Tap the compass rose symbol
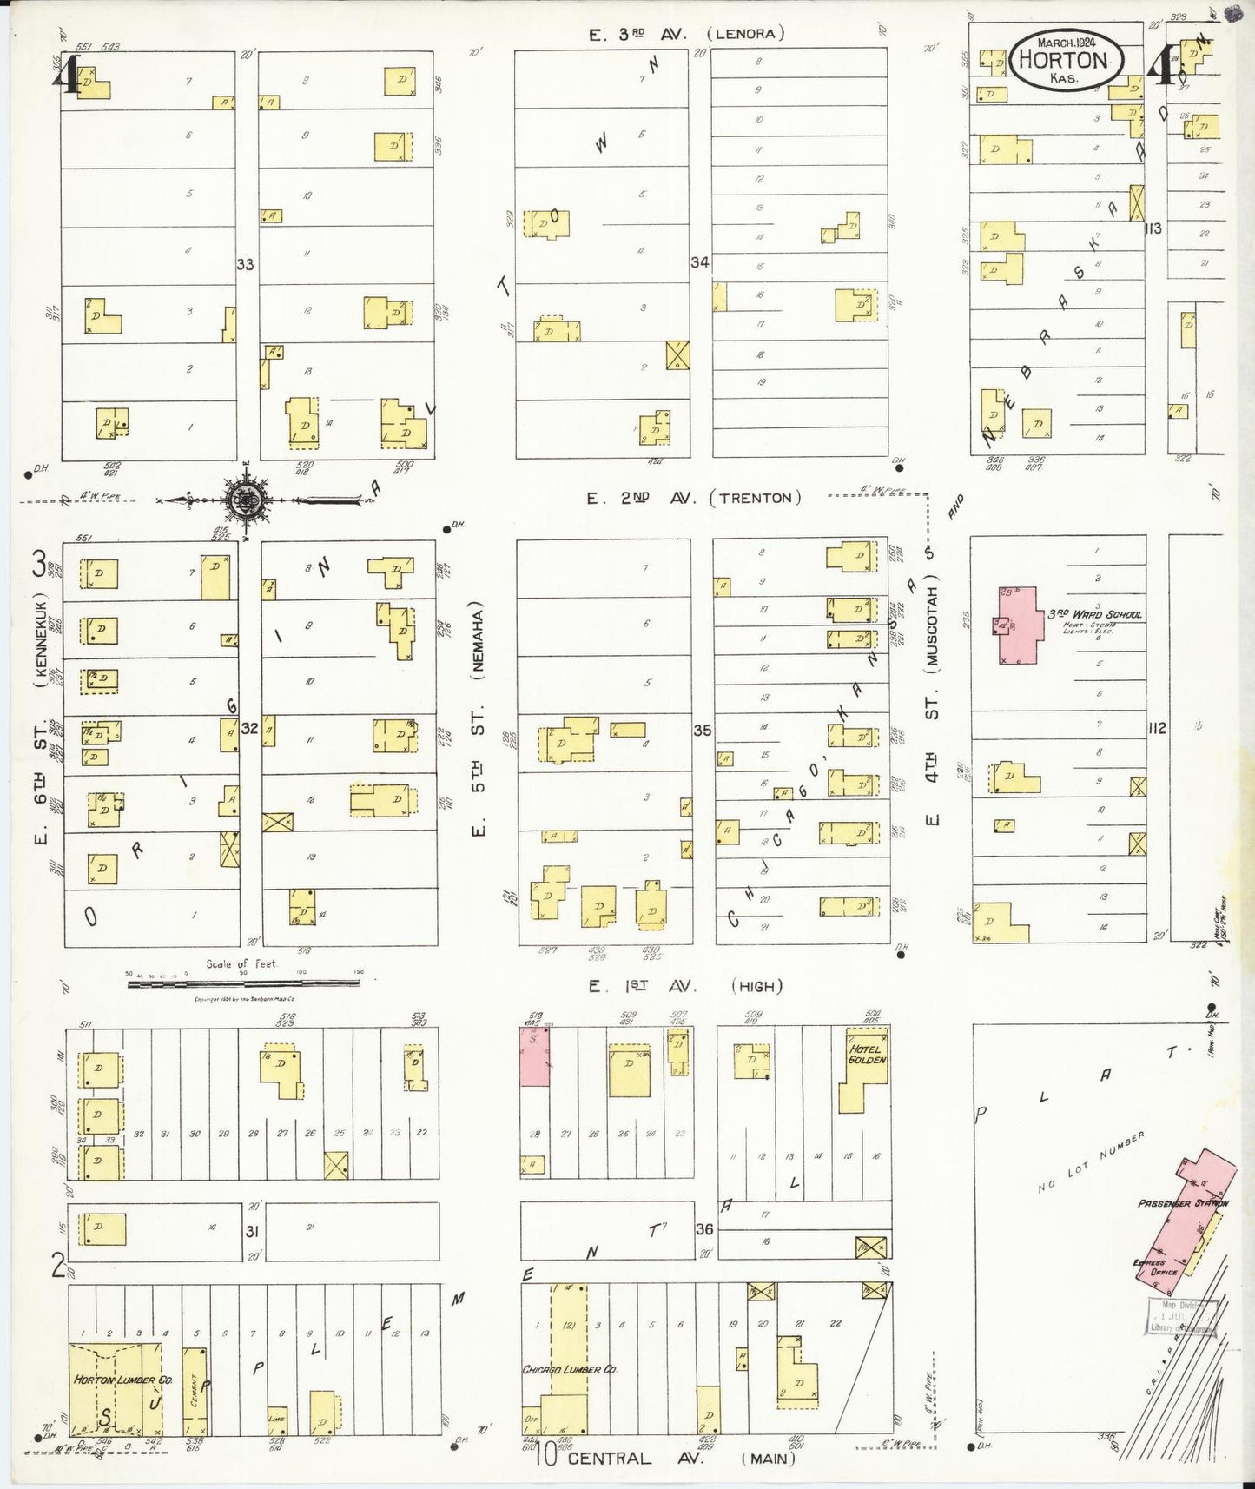(x=245, y=500)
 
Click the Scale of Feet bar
(x=243, y=983)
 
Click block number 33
(x=246, y=264)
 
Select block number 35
(x=703, y=731)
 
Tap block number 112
(x=1156, y=728)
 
